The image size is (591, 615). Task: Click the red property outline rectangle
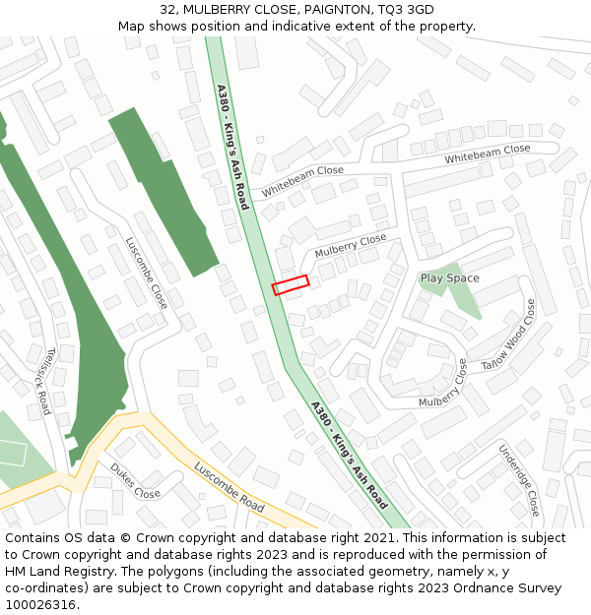pyautogui.click(x=291, y=284)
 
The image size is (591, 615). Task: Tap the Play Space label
pyautogui.click(x=449, y=278)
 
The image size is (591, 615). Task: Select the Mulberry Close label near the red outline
pyautogui.click(x=351, y=246)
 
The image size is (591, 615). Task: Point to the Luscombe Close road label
pyautogui.click(x=146, y=273)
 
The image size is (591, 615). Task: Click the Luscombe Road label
pyautogui.click(x=229, y=486)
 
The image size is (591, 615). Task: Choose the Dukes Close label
pyautogui.click(x=135, y=480)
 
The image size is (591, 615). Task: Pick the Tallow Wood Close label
pyautogui.click(x=508, y=336)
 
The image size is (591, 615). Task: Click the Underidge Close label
pyautogui.click(x=518, y=479)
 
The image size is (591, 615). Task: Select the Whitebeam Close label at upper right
pyautogui.click(x=487, y=154)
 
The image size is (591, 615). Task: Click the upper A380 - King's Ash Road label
pyautogui.click(x=231, y=147)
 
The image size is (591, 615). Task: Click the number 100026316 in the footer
pyautogui.click(x=41, y=605)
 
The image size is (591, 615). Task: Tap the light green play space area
pyautogui.click(x=463, y=295)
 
